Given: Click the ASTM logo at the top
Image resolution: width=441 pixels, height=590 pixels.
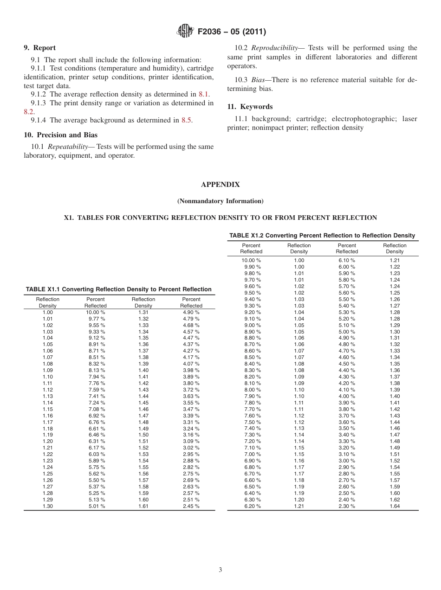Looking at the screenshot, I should click(x=185, y=32).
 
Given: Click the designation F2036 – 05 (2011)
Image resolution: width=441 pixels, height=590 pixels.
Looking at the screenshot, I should click(x=231, y=32).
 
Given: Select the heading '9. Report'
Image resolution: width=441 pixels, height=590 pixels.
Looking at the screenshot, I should click(x=39, y=48).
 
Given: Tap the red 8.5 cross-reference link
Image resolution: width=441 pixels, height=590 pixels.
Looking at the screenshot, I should click(x=186, y=120).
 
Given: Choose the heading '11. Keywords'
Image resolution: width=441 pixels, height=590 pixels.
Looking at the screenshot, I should click(x=250, y=107).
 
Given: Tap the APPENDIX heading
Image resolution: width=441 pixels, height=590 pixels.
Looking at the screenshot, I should click(x=220, y=185).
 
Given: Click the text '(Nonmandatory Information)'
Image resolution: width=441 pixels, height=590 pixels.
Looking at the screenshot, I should click(x=220, y=201).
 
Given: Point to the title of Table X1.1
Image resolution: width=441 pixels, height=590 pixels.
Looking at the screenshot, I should click(x=119, y=289).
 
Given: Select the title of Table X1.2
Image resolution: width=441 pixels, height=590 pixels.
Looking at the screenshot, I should click(x=322, y=236).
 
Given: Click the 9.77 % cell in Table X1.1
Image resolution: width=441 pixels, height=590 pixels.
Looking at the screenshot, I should click(x=97, y=319).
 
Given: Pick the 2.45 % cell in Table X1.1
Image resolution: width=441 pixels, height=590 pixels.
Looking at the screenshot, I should click(x=191, y=507).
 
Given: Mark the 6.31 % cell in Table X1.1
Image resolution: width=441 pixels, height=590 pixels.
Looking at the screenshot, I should click(x=97, y=442).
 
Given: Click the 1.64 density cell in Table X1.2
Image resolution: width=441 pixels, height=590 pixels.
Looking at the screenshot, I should click(x=395, y=507).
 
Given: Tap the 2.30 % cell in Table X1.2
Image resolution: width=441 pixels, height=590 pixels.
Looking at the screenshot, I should click(x=347, y=507).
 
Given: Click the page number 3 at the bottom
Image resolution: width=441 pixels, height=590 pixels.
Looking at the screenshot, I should click(x=220, y=570).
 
